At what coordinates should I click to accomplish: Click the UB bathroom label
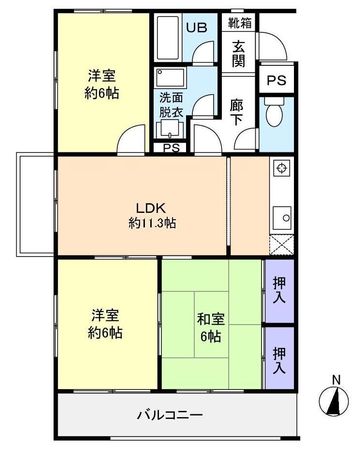tap(196, 28)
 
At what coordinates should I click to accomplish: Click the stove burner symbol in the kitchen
tap(281, 170)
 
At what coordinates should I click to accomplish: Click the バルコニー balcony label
tap(169, 414)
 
